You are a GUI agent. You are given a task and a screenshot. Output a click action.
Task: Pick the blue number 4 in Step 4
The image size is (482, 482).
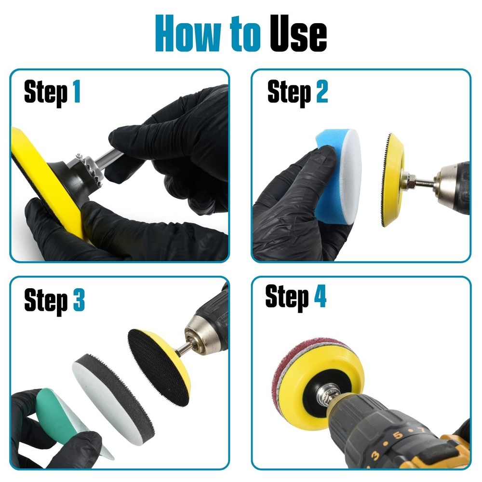point(320,297)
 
